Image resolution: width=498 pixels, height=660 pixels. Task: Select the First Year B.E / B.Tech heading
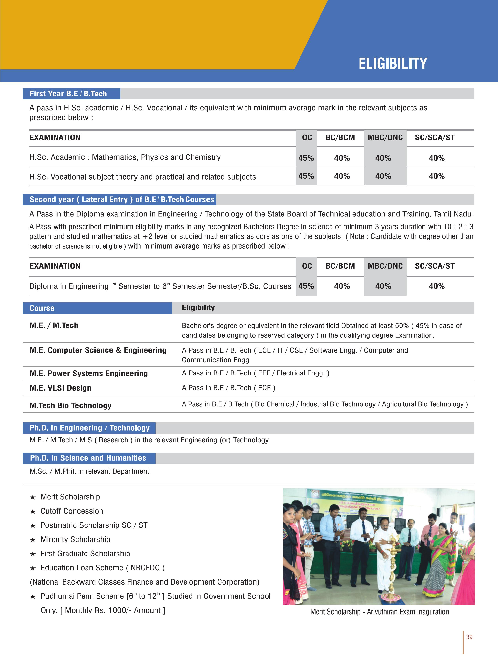click(x=68, y=94)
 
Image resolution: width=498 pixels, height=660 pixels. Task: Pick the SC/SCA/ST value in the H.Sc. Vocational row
click(x=437, y=176)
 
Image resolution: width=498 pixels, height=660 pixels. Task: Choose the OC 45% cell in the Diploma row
click(x=306, y=286)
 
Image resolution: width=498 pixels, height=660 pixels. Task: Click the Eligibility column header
click(x=198, y=308)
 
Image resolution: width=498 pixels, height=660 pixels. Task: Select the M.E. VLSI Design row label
click(x=60, y=388)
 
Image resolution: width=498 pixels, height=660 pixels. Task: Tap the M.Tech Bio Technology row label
click(x=70, y=405)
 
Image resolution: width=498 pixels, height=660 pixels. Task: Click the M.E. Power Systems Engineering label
click(x=89, y=373)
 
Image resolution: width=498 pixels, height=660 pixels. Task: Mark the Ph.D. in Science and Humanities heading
click(x=88, y=458)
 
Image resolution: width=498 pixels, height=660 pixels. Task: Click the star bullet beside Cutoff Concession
click(x=33, y=511)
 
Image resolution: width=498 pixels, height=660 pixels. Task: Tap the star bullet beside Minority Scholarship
click(x=33, y=540)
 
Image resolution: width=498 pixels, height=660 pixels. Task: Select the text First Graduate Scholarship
click(x=85, y=554)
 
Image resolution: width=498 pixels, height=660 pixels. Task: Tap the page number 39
click(x=469, y=637)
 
